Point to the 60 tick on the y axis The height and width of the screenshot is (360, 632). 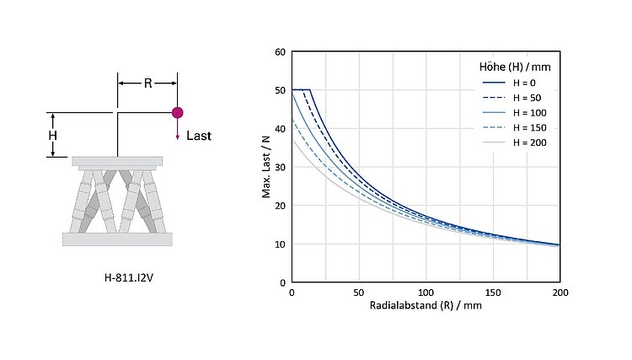click(x=281, y=51)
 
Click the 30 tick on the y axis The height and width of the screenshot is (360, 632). click(x=281, y=167)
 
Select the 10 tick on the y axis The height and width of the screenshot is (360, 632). click(x=281, y=244)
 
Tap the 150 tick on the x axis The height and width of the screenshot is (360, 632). click(x=493, y=292)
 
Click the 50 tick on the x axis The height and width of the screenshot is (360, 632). click(x=359, y=292)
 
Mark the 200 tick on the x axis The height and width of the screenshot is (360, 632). click(x=560, y=292)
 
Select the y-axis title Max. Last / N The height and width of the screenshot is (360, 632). click(x=266, y=167)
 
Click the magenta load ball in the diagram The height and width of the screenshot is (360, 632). click(x=177, y=112)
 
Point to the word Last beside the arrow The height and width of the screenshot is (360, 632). click(x=199, y=136)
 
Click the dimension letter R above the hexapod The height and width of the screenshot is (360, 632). click(x=147, y=83)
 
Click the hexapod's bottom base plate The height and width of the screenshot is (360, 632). click(x=117, y=239)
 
